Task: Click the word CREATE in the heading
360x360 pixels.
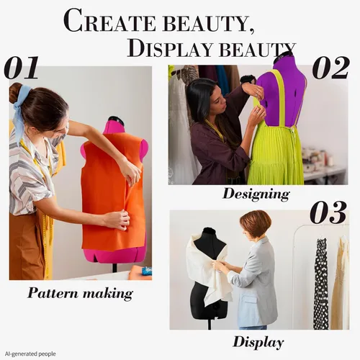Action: [109, 21]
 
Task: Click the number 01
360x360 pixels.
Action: [21, 68]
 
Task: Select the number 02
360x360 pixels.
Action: [330, 68]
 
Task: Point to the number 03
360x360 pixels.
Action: [328, 212]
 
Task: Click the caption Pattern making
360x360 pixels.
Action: [80, 293]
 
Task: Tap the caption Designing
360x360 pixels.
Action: [256, 194]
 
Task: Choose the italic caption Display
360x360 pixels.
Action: [258, 342]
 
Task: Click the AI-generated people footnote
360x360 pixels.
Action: [30, 354]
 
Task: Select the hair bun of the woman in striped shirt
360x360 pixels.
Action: [15, 92]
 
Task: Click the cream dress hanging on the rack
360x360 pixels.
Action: [341, 283]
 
